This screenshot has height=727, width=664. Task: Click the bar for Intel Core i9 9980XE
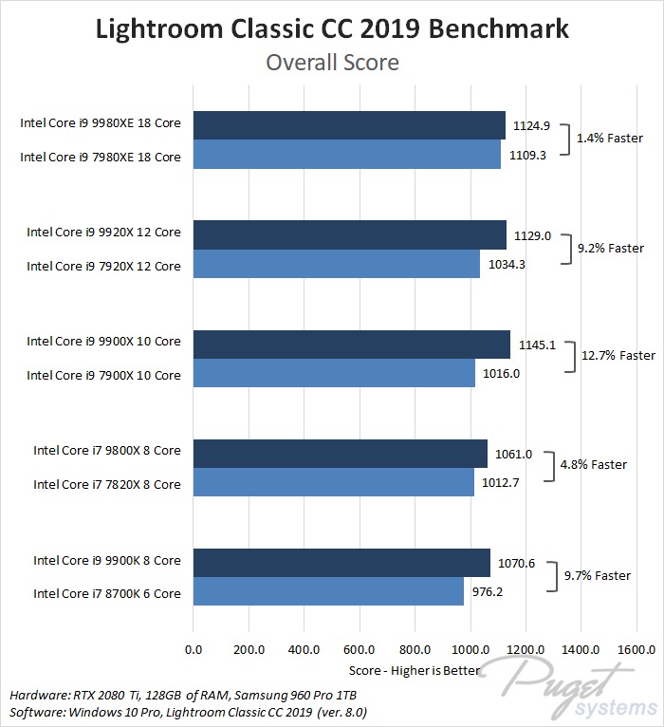349,124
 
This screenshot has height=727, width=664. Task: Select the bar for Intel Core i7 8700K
328,592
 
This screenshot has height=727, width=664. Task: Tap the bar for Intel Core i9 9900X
352,343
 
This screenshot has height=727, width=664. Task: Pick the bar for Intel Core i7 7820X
334,483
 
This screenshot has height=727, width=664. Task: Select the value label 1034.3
505,265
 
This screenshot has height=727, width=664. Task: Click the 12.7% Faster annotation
617,356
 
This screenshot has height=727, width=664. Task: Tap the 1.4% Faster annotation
610,138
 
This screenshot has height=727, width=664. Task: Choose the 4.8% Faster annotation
594,465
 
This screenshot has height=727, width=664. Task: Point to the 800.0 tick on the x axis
415,650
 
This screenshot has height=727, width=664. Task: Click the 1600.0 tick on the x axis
636,650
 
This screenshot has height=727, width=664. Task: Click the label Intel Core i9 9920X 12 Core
103,232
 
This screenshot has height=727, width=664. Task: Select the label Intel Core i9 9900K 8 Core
107,560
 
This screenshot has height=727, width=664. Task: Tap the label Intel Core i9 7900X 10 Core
103,375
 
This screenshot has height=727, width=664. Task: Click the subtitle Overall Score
332,63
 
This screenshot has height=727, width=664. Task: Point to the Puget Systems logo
569,688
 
